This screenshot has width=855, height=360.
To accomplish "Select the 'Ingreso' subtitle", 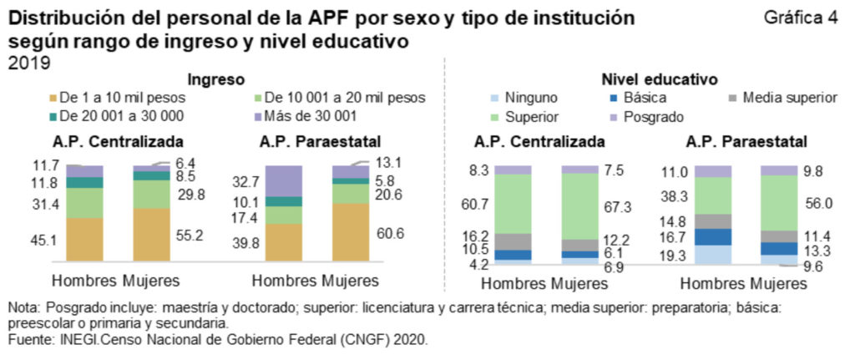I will [x=215, y=79].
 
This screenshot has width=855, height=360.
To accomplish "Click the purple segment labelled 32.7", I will [x=284, y=180].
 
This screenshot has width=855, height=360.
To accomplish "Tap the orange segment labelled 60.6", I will [x=351, y=232].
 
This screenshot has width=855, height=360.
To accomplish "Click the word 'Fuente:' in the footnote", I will [x=28, y=340].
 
